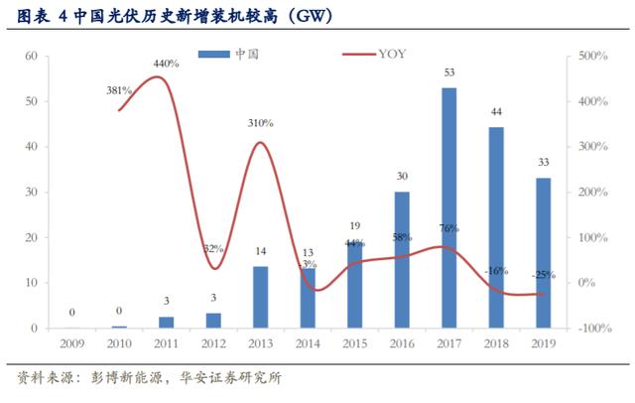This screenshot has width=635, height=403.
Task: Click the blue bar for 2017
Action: pos(449,208)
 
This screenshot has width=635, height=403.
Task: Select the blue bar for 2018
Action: pos(496,228)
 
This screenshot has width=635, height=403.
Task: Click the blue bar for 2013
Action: pos(260,297)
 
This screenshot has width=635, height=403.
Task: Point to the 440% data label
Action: pos(166,65)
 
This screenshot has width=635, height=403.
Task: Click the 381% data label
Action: pos(120,90)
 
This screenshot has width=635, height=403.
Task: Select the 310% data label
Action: pos(261,122)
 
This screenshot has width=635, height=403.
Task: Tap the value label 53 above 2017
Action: pos(449,72)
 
